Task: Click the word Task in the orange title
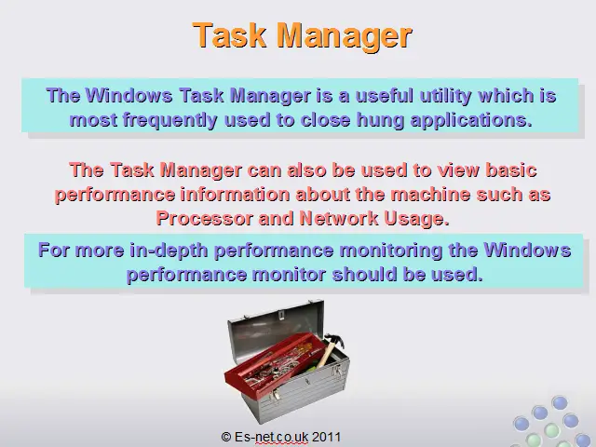(x=230, y=34)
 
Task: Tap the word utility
(x=445, y=96)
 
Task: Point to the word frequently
(x=169, y=121)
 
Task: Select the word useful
(x=385, y=95)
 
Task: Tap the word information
(x=235, y=195)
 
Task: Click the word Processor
(x=205, y=219)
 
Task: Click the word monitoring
(x=391, y=251)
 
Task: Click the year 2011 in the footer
(x=327, y=437)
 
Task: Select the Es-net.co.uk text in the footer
(x=271, y=437)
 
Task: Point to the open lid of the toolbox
(x=277, y=331)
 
